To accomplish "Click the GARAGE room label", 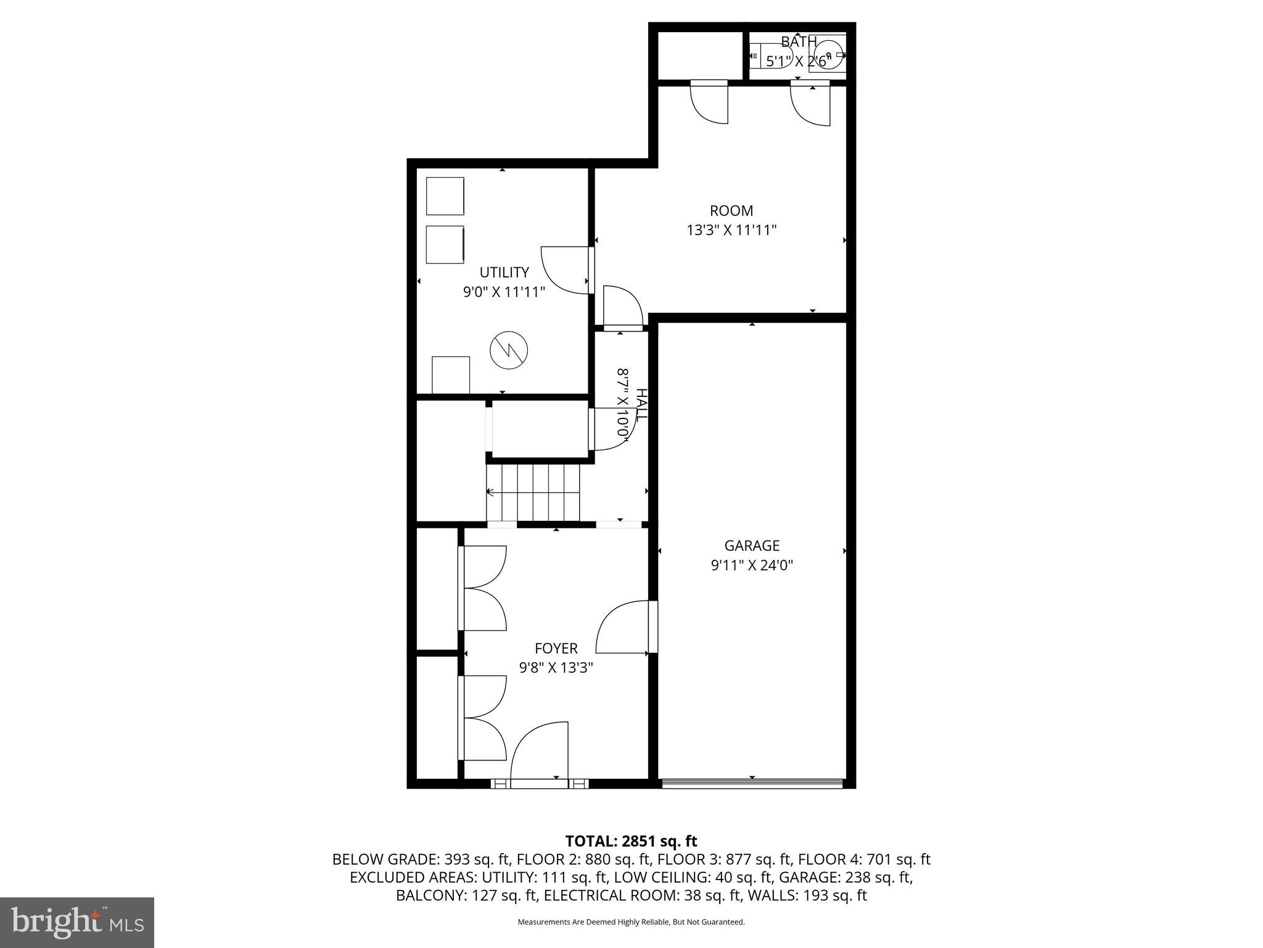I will pyautogui.click(x=751, y=546).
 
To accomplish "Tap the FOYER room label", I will pyautogui.click(x=556, y=649).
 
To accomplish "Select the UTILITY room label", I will pyautogui.click(x=504, y=272).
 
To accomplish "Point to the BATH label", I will pyautogui.click(x=799, y=42).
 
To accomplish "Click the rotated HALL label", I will pyautogui.click(x=641, y=405).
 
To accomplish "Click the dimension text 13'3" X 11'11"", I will pyautogui.click(x=731, y=230).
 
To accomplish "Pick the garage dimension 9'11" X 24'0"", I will pyautogui.click(x=751, y=565).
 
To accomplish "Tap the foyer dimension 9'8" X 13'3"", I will pyautogui.click(x=556, y=668).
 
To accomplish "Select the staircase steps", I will pyautogui.click(x=533, y=493).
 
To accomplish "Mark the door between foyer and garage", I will pyautogui.click(x=623, y=626).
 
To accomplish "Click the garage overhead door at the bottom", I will pyautogui.click(x=751, y=784).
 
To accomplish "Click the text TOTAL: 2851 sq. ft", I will pyautogui.click(x=631, y=841).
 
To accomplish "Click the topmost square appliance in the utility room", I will pyautogui.click(x=445, y=196).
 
